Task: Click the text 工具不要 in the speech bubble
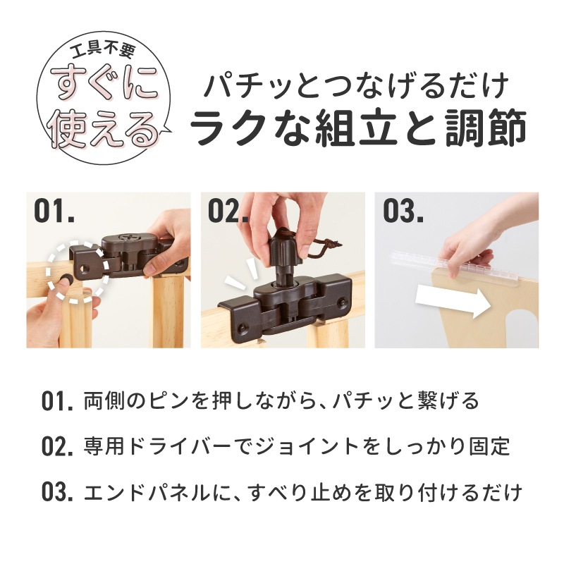pos(103,51)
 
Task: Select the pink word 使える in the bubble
pos(104,128)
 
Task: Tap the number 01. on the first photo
pos(54,211)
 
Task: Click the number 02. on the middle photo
pos(228,211)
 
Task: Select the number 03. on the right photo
pos(403,211)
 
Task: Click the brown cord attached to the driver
pos(322,249)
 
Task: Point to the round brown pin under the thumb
pos(67,278)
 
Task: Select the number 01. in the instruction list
pos(57,402)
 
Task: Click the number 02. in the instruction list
pos(57,447)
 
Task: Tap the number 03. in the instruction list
pos(57,492)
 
